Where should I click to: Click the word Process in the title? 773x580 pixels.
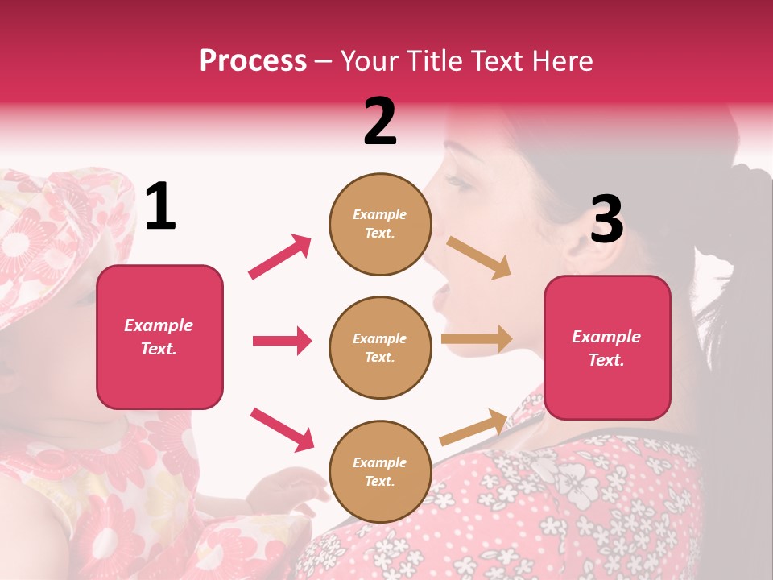click(x=253, y=60)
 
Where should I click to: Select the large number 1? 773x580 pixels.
click(x=160, y=207)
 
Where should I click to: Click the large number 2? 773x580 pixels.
click(x=380, y=122)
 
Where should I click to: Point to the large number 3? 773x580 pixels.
click(x=606, y=220)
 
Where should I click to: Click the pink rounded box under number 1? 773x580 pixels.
click(x=159, y=337)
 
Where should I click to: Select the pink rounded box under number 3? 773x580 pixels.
click(x=607, y=347)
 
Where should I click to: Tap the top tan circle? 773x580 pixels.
click(x=380, y=224)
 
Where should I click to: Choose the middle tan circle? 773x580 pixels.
click(x=380, y=347)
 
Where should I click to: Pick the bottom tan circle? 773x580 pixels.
click(x=380, y=471)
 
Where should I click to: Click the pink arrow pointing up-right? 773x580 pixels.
click(x=280, y=256)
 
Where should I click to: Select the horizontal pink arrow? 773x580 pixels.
click(x=282, y=341)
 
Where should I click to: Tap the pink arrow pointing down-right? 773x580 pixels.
click(x=282, y=429)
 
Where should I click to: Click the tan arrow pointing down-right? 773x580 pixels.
click(x=478, y=257)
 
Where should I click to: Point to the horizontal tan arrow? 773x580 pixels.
click(x=477, y=339)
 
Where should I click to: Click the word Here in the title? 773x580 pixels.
click(x=563, y=60)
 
